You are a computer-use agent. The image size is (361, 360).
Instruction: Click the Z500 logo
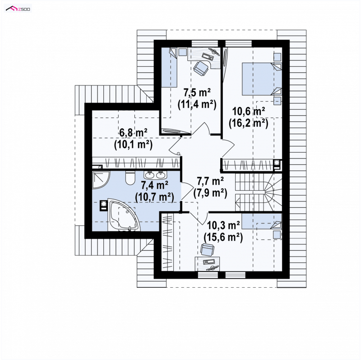[x=18, y=9]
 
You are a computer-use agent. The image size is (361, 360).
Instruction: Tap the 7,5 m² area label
[x=197, y=93]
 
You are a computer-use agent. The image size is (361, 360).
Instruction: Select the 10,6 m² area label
[x=249, y=112]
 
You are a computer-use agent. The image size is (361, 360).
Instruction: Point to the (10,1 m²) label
[x=133, y=145]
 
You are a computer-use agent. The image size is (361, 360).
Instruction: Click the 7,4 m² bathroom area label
[x=154, y=185]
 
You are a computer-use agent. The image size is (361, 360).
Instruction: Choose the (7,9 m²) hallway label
[x=210, y=193]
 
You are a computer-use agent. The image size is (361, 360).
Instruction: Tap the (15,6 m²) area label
[x=223, y=237]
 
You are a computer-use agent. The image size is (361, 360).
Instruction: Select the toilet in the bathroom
[x=130, y=178]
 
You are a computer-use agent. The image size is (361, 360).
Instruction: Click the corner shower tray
[x=99, y=179]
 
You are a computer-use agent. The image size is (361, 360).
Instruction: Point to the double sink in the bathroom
[x=154, y=175]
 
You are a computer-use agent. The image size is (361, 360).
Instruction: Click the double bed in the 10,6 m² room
[x=262, y=79]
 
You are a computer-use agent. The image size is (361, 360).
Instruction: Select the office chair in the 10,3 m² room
[x=207, y=250]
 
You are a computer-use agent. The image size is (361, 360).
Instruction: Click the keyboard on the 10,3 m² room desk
[x=209, y=262]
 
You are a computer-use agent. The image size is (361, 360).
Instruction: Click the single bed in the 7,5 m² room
[x=169, y=67]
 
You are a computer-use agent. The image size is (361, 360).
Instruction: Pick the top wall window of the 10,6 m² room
[x=238, y=43]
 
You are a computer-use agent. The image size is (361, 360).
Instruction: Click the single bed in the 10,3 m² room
[x=262, y=221]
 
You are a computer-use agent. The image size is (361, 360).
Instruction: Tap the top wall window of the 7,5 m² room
[x=205, y=43]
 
